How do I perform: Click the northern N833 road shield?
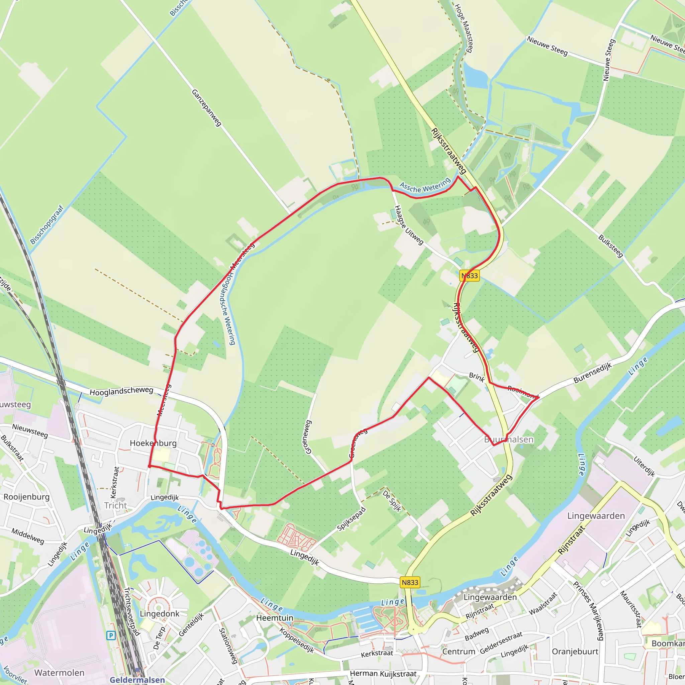(x=469, y=276)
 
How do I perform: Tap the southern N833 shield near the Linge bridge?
(x=410, y=582)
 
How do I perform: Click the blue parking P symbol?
(x=111, y=635)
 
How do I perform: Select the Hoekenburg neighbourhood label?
(x=153, y=443)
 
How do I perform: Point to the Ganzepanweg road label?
(x=206, y=107)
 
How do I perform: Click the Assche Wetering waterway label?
(x=425, y=185)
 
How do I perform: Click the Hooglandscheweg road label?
(x=121, y=391)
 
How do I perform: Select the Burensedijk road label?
(x=592, y=373)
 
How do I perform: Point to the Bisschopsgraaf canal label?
(x=46, y=225)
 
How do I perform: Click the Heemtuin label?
(x=275, y=618)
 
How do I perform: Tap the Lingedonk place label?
(x=160, y=613)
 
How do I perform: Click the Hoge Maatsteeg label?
(x=464, y=28)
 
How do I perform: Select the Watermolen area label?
(x=59, y=673)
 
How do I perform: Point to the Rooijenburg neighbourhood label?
(x=27, y=497)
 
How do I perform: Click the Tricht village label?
(x=116, y=505)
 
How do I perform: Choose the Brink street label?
(x=477, y=378)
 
